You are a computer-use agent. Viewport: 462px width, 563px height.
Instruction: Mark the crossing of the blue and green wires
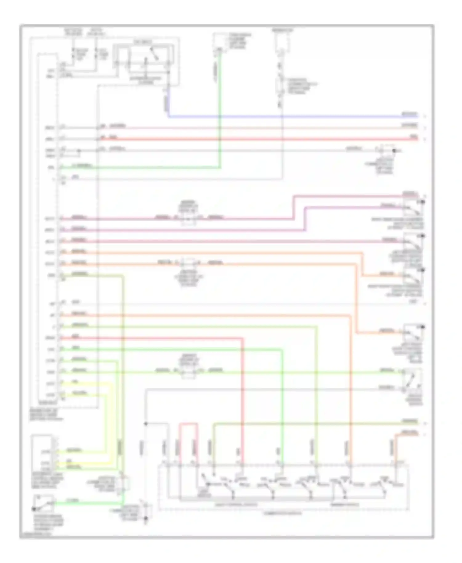[220, 117]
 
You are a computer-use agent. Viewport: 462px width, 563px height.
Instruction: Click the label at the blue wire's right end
[409, 114]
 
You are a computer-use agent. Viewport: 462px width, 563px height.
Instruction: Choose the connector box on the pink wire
[188, 218]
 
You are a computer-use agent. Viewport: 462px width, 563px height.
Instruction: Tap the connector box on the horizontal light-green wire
[188, 371]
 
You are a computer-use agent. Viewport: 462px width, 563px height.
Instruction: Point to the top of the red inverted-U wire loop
[188, 424]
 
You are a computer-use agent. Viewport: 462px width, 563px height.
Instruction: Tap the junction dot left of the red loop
[146, 424]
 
